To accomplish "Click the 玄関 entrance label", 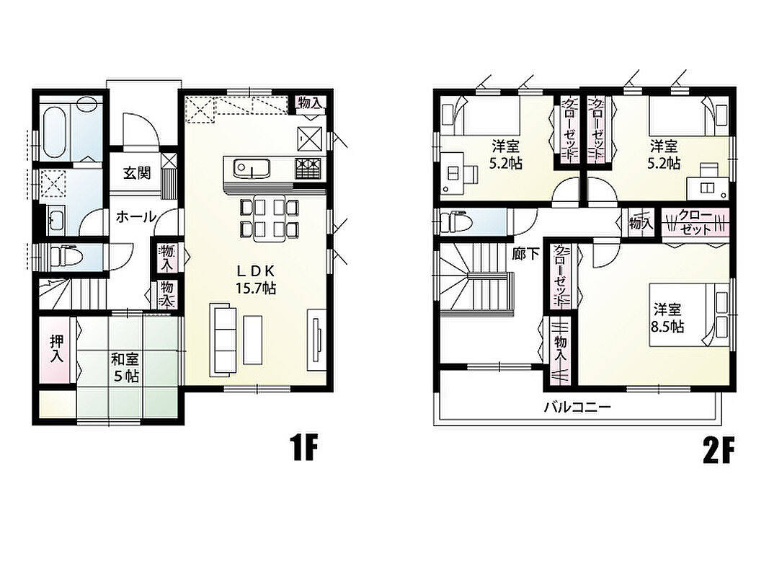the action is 136,173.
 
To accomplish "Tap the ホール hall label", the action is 135,216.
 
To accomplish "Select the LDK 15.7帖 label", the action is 255,278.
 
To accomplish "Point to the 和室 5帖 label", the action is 125,368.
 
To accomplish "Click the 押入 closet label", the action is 56,349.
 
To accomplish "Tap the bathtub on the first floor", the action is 54,131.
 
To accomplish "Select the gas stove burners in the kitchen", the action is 308,168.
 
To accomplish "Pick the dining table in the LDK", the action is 270,218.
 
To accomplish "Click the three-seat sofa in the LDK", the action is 223,340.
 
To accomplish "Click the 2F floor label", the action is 719,450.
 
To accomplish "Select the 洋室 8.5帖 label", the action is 667,318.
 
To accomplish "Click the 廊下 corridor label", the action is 525,254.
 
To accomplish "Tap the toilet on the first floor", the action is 62,256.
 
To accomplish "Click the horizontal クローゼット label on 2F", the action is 694,223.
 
